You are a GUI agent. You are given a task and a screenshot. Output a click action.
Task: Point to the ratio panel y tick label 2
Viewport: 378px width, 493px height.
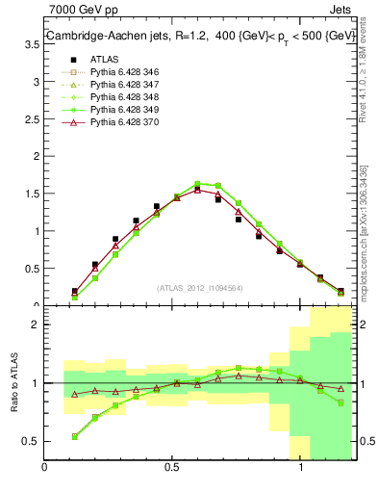click(x=35, y=324)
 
